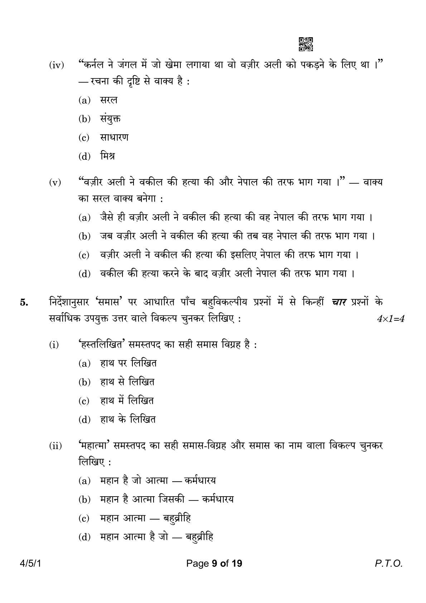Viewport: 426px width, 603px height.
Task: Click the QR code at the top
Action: point(306,44)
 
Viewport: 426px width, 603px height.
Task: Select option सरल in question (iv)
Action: point(108,100)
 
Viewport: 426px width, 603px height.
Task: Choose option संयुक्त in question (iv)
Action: point(110,119)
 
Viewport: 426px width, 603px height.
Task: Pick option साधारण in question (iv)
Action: point(114,137)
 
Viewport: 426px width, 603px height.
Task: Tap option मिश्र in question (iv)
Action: point(107,156)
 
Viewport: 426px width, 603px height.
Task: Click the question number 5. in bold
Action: point(24,302)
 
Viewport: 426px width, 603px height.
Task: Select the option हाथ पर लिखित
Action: point(128,363)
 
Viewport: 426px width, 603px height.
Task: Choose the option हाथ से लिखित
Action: point(127,382)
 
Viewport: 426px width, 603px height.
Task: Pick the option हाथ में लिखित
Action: point(127,401)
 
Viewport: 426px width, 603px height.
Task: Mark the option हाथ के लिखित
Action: point(128,419)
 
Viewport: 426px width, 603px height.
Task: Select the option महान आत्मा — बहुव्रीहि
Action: point(145,518)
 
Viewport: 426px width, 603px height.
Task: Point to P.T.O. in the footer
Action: point(389,564)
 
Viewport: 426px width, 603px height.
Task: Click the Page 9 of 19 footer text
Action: point(214,564)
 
